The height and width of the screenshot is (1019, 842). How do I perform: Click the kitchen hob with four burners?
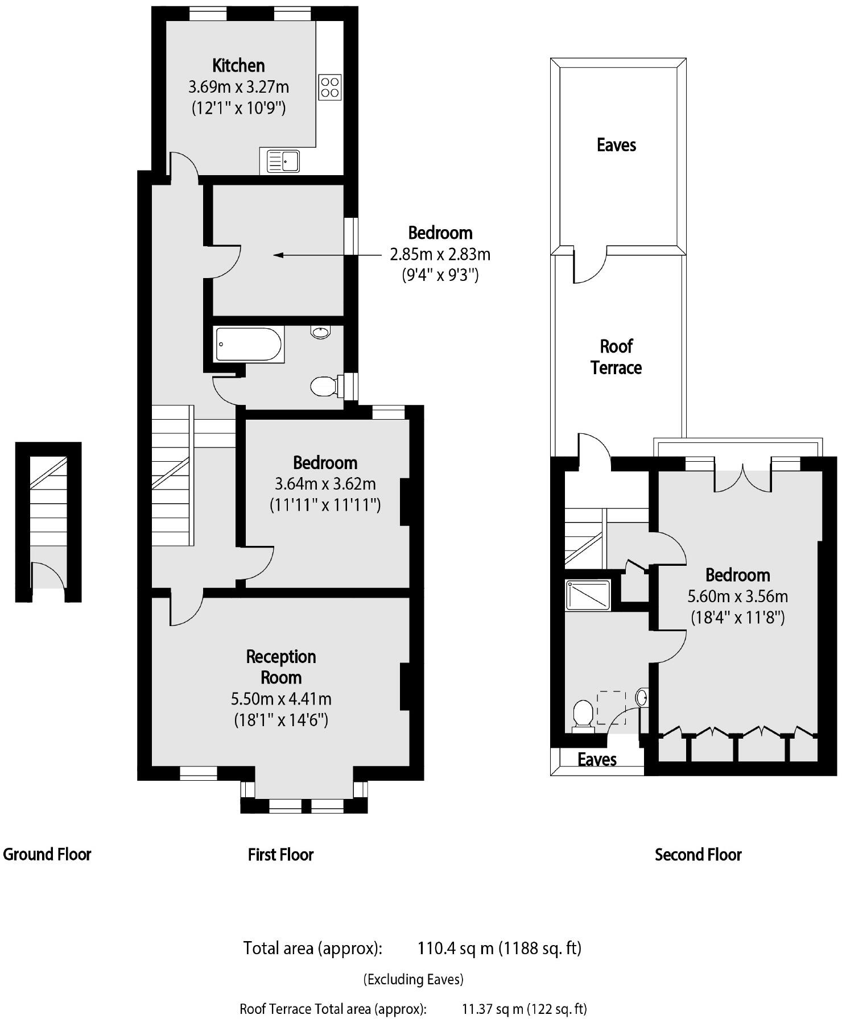point(330,87)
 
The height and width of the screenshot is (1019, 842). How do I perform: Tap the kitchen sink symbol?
point(283,161)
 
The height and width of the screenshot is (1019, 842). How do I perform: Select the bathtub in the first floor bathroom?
point(249,345)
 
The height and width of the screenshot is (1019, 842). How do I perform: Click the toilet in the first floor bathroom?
point(324,387)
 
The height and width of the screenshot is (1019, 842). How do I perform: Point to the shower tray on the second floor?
point(588,595)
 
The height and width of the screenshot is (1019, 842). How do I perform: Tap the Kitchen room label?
point(238,65)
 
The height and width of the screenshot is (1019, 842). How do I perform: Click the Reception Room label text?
point(280,666)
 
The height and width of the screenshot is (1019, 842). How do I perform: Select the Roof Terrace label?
point(616,357)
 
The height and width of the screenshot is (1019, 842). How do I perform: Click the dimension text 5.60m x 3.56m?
point(737,597)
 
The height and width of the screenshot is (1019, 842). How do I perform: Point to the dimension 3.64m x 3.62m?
point(325,484)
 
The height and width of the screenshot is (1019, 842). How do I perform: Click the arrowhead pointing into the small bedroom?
point(278,255)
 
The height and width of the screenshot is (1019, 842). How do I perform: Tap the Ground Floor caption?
point(47,854)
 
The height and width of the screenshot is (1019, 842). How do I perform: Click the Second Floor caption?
point(698,855)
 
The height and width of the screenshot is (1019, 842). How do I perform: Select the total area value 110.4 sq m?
point(455,948)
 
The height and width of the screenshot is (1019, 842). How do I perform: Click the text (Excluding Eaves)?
point(414,979)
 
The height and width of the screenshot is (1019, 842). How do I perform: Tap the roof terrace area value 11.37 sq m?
point(492,1009)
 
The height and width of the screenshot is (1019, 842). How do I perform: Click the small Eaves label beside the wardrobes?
point(597,760)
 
